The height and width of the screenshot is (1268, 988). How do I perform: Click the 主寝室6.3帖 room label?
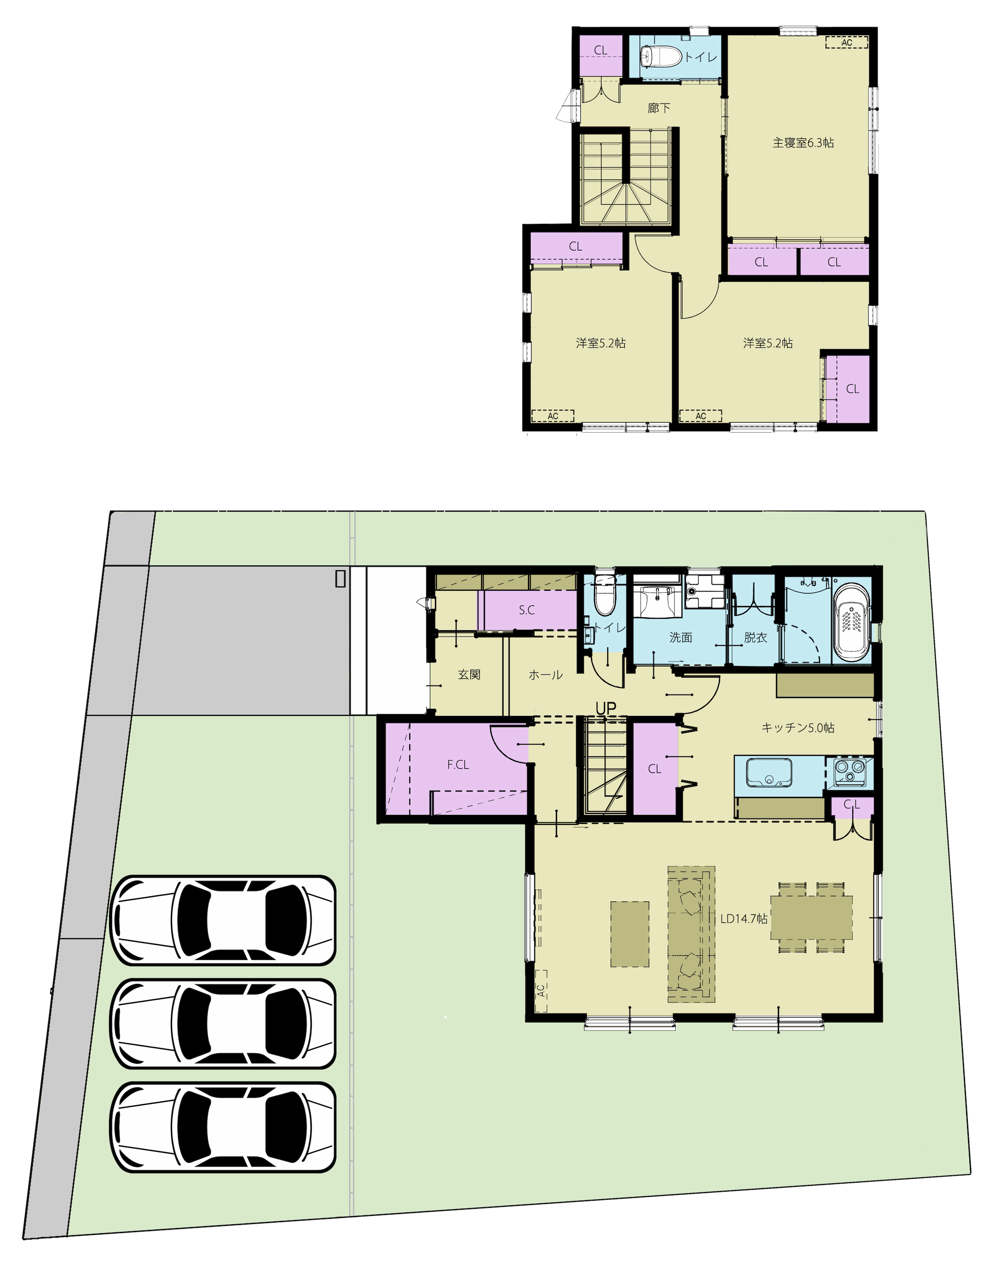point(803,143)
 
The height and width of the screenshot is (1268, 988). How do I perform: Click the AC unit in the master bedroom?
point(847,42)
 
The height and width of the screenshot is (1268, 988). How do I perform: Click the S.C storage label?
point(526,610)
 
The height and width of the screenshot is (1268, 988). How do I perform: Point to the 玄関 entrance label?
point(469,674)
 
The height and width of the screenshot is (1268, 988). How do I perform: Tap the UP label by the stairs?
point(605,708)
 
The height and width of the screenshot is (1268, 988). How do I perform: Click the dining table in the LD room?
point(811,918)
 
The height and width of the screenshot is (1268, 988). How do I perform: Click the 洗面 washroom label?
point(681,637)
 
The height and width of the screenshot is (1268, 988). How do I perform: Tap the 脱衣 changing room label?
point(755,637)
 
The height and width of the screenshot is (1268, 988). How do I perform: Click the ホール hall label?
point(546,674)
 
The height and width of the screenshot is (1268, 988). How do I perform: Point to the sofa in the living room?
point(691,934)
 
